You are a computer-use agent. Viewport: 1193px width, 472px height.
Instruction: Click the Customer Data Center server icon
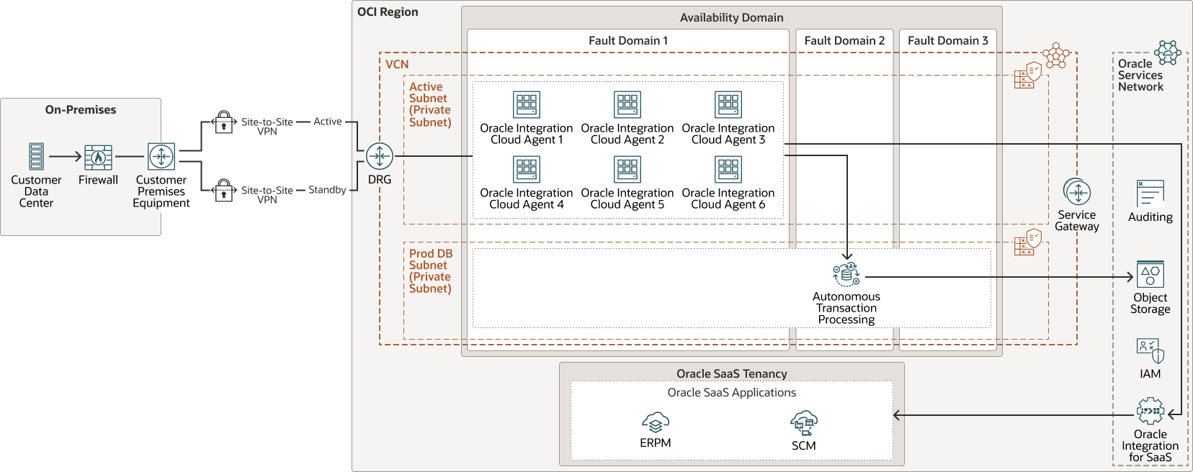tap(36, 156)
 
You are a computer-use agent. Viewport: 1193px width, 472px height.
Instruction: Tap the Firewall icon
tap(98, 157)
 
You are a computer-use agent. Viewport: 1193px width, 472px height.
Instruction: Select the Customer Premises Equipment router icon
tap(161, 156)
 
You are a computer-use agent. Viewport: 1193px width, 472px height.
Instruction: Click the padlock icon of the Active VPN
tap(224, 122)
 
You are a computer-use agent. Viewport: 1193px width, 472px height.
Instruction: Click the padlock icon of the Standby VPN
tap(224, 191)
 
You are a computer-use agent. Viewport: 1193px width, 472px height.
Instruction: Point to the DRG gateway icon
tap(380, 156)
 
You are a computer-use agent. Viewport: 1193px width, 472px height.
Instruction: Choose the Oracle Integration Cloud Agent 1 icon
tap(527, 104)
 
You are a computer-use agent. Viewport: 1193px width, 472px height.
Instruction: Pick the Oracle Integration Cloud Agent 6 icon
tap(728, 170)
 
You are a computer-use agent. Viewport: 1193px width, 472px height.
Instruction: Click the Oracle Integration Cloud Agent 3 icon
tap(728, 104)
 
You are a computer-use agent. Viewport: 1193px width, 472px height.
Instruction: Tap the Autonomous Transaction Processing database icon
tap(846, 274)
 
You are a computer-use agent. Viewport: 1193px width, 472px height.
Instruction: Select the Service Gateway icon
tap(1077, 192)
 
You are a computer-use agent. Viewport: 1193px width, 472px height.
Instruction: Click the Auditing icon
tap(1150, 194)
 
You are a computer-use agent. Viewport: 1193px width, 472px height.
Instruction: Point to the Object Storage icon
tap(1150, 274)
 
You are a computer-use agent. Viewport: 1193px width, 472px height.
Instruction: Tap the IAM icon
tap(1150, 350)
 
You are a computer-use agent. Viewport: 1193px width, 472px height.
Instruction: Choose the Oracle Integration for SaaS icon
tap(1150, 412)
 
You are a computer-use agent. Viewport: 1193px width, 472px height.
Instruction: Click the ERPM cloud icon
tap(656, 422)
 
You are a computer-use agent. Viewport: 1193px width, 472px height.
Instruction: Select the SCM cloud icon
tap(804, 423)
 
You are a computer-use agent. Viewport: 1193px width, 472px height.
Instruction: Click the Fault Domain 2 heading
tap(844, 41)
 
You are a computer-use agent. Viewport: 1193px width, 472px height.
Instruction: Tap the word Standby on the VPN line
tap(327, 190)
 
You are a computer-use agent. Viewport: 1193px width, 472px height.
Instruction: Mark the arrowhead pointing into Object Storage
tap(1131, 277)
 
